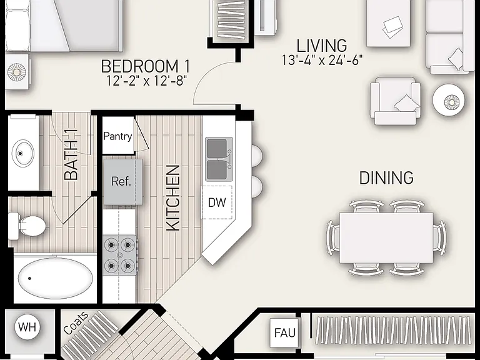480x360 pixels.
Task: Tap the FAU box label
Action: pos(285,332)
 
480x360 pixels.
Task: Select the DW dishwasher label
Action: pos(217,202)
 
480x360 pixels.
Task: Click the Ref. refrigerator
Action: pos(123,182)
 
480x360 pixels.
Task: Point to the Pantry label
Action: pos(118,136)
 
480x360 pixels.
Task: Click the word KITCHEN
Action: pos(172,197)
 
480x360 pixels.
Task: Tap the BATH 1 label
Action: pos(71,154)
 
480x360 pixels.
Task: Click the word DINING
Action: pos(386,178)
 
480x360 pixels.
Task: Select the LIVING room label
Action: pos(322,46)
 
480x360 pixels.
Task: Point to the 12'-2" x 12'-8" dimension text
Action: pos(146,81)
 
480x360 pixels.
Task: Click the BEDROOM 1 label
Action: pos(146,66)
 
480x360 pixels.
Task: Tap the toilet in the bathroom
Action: pos(27,226)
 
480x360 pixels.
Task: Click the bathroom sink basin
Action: pos(23,153)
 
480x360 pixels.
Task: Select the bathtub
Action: pos(55,278)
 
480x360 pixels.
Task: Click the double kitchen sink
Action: pos(219,159)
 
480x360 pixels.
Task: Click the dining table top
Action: pos(386,237)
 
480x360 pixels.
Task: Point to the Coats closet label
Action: pos(76,323)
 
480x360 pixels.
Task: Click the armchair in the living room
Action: pos(395,101)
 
